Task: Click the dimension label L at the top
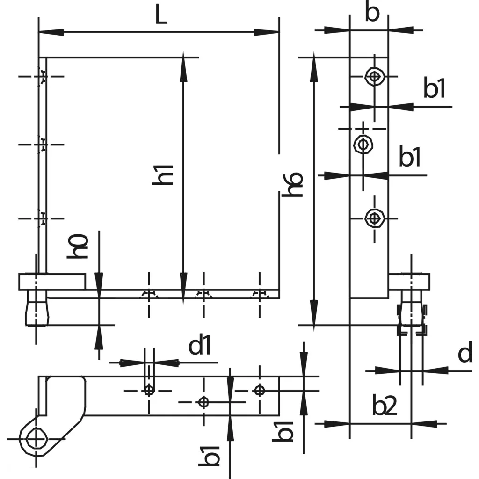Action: point(161,16)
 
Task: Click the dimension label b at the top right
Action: point(372,14)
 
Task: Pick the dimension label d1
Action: point(200,347)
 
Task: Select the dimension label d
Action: point(465,354)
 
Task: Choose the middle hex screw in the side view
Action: point(363,144)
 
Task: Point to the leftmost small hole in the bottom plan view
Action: point(149,390)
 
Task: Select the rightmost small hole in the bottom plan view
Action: point(259,390)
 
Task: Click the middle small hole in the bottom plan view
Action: point(203,401)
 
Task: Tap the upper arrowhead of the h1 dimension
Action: point(182,63)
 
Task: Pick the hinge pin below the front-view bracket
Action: point(36,312)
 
